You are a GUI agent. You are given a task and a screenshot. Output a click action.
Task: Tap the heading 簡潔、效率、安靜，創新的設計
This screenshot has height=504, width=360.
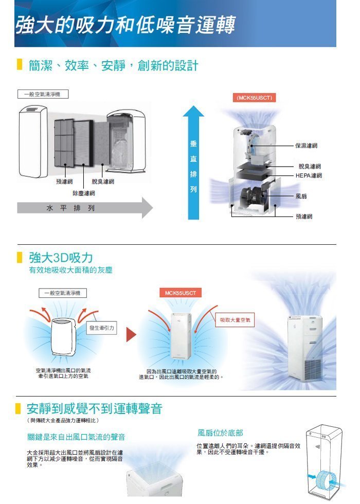114,66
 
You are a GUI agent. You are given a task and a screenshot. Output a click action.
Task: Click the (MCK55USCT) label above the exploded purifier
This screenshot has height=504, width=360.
254,98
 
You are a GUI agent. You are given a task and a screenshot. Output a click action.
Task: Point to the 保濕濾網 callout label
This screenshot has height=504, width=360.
306,146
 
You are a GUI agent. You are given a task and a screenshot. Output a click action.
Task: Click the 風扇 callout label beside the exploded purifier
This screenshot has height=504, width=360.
302,196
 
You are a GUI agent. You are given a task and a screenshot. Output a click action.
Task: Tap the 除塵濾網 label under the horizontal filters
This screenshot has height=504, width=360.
83,193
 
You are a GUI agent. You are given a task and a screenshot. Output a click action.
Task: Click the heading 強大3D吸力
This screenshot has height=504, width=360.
61,257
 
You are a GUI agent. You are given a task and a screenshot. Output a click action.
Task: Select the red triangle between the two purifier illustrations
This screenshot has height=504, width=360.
131,335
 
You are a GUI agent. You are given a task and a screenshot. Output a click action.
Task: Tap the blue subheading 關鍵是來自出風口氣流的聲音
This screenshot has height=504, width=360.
76,437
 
